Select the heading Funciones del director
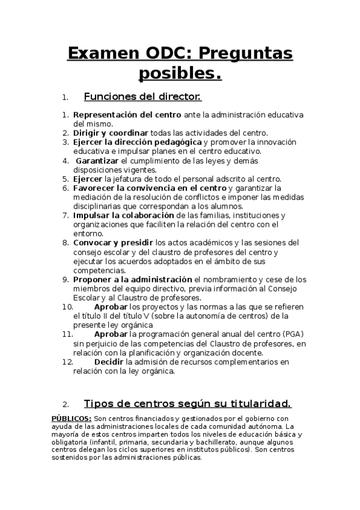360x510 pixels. pyautogui.click(x=142, y=97)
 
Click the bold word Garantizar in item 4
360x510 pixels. pyautogui.click(x=97, y=161)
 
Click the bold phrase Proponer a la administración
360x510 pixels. pyautogui.click(x=132, y=279)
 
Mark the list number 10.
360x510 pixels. pyautogui.click(x=67, y=306)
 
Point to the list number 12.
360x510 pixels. pyautogui.click(x=67, y=361)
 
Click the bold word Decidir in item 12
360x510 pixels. pyautogui.click(x=109, y=361)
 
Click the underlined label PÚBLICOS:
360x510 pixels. pyautogui.click(x=72, y=418)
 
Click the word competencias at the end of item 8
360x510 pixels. pyautogui.click(x=99, y=270)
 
